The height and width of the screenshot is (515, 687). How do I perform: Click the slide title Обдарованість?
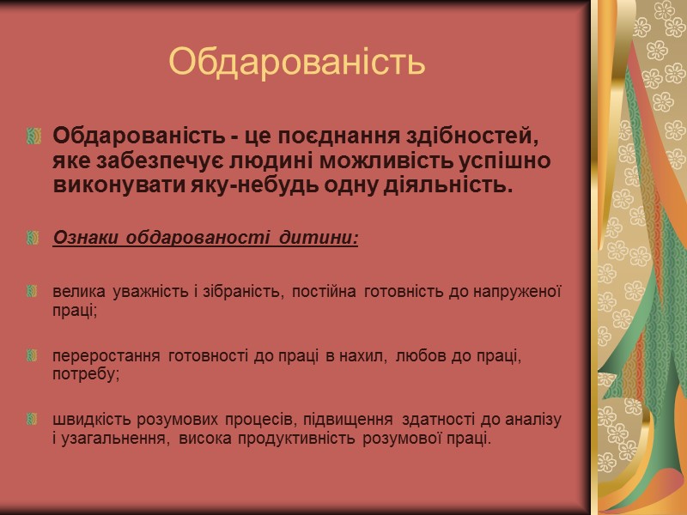coord(297,62)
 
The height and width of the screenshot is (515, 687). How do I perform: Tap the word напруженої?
coord(520,294)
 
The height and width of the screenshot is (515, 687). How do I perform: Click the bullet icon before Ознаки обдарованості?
coord(34,237)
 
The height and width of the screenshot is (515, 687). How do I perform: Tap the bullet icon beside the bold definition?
coord(34,136)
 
